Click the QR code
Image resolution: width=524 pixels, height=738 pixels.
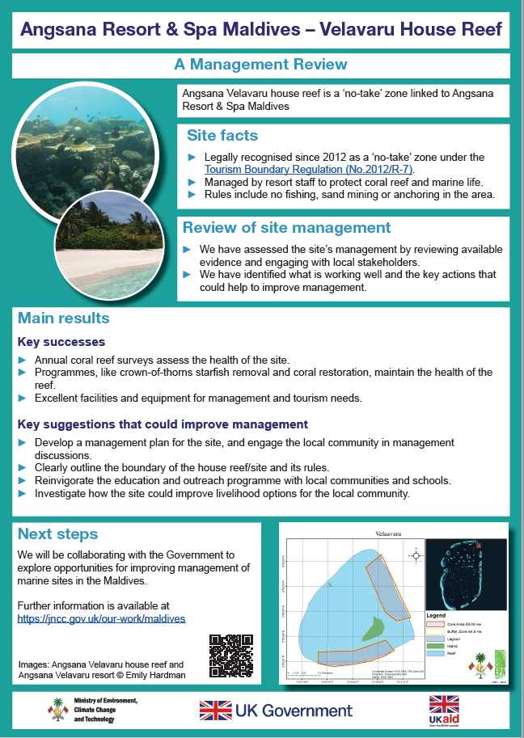click(230, 655)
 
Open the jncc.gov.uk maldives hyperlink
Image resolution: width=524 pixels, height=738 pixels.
click(101, 618)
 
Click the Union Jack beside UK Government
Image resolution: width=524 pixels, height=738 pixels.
click(215, 711)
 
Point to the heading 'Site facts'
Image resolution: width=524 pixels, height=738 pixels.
click(222, 135)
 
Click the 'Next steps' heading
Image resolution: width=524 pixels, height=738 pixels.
click(57, 534)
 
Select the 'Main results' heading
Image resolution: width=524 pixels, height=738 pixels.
click(63, 318)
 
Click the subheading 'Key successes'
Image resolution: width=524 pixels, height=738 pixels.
click(61, 342)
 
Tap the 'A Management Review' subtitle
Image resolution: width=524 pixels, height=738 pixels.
click(261, 65)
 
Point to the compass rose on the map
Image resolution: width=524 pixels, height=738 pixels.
click(415, 555)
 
